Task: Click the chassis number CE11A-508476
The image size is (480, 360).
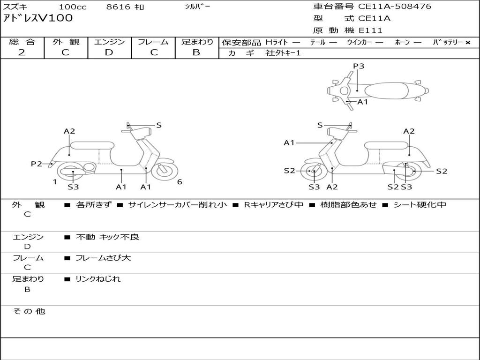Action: point(395,6)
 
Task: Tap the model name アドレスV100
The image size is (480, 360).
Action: point(38,18)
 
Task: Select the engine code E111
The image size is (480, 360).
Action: point(370,30)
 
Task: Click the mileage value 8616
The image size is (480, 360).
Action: point(119,7)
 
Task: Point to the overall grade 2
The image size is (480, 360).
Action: point(22,52)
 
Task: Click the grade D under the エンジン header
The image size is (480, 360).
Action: point(109,52)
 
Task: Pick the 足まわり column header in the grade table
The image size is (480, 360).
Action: point(197,42)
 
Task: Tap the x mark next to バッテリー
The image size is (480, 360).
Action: point(468,43)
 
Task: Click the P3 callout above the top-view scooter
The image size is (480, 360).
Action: point(359,66)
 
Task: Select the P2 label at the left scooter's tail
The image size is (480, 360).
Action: point(37,164)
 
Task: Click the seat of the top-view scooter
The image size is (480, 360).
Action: point(386,91)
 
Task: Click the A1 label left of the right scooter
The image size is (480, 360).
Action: point(289,142)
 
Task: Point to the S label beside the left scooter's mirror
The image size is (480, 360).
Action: point(158,125)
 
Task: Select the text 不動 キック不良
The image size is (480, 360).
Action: point(107,237)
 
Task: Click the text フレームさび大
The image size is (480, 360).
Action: point(103,258)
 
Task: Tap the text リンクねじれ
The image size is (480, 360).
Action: point(98,279)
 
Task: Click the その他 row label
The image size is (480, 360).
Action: point(29,311)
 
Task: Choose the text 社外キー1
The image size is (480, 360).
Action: point(283,53)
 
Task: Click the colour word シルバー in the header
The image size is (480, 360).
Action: point(197,7)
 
